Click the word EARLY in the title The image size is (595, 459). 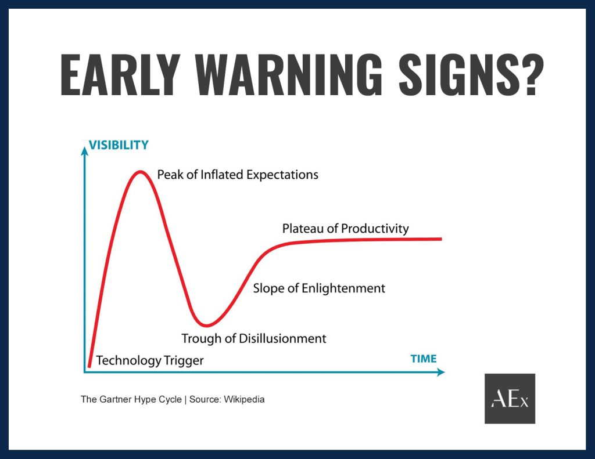120,75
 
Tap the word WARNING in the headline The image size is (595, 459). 288,75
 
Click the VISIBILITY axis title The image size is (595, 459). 119,145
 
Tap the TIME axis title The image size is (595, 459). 424,359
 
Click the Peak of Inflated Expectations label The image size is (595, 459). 238,175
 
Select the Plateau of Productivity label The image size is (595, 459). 345,229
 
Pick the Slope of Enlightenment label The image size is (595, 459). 319,288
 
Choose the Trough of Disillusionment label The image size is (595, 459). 253,338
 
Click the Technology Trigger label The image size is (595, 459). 149,360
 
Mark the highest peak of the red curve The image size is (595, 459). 141,172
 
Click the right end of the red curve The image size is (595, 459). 442,239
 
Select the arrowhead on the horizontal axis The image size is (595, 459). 440,372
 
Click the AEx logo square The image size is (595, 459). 510,399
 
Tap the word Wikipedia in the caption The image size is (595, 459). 244,399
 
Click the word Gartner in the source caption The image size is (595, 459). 112,399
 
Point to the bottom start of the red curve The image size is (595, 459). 89,366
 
